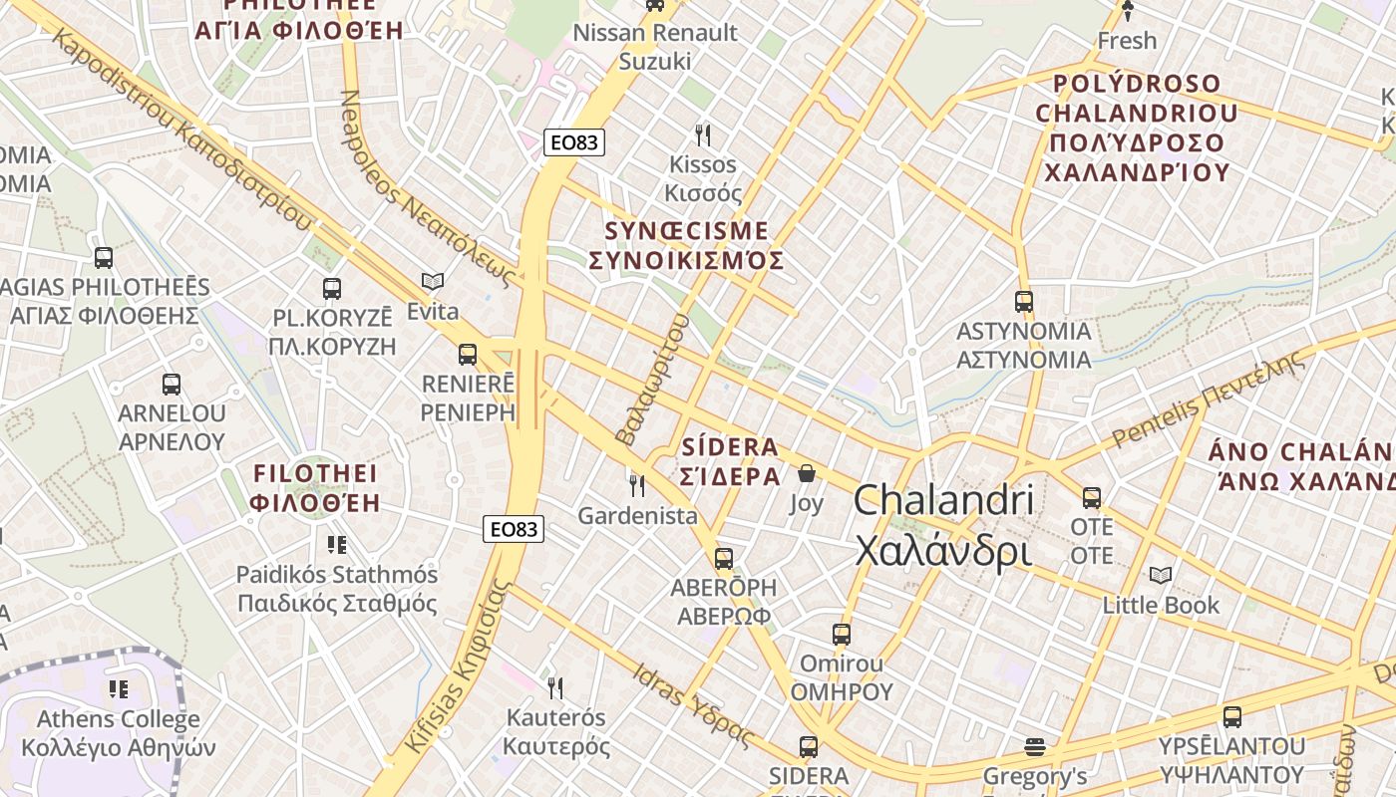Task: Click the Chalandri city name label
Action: coord(942,525)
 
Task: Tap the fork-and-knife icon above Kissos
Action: coord(703,134)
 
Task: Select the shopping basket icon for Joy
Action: coord(807,473)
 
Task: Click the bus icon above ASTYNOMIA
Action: coord(1024,301)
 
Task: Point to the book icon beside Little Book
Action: coord(1161,575)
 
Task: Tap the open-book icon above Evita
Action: coord(432,282)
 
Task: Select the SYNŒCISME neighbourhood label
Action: coord(686,245)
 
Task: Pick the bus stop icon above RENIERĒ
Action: coord(468,354)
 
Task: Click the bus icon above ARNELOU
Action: coord(172,384)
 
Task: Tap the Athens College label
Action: coord(118,732)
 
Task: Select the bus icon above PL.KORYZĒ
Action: coord(332,289)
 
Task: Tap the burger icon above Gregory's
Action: coord(1035,746)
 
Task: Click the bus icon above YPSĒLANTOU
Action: coord(1232,716)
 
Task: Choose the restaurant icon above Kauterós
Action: coord(555,687)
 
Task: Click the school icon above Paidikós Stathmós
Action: coord(337,545)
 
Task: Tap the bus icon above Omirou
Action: coord(842,634)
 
